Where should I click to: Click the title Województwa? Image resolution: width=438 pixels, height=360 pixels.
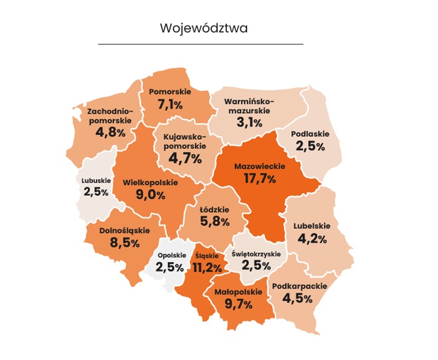pos(204,28)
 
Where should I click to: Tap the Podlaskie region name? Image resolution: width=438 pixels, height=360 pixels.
pos(310,134)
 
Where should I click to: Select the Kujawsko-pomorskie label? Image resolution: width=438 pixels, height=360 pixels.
pos(185,142)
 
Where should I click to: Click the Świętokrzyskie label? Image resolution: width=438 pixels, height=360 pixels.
pos(256,254)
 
